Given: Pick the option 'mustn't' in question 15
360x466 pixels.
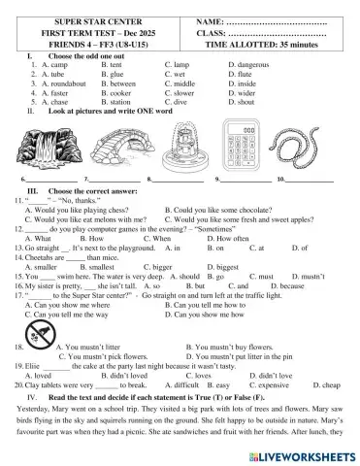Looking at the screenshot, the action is click(x=292, y=275).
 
